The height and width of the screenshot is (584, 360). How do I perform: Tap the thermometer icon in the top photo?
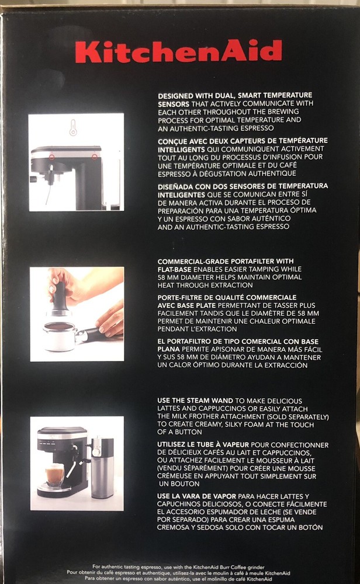click(73, 127)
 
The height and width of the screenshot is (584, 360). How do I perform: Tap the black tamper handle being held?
click(60, 296)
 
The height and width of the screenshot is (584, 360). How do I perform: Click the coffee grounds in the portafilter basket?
click(59, 326)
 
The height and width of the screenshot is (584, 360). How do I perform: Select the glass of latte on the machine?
click(54, 474)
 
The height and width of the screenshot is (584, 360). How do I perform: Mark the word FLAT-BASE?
click(174, 269)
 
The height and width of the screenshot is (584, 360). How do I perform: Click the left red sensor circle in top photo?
click(52, 157)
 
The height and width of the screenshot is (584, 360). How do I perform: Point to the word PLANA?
click(168, 349)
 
